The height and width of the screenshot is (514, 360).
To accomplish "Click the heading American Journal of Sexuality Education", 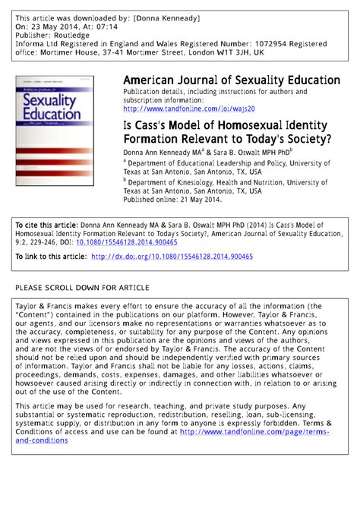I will pos(231,80).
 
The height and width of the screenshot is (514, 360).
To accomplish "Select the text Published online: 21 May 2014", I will pos(172,200).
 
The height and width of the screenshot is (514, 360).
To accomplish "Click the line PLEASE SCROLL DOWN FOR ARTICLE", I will pos(83,288).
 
